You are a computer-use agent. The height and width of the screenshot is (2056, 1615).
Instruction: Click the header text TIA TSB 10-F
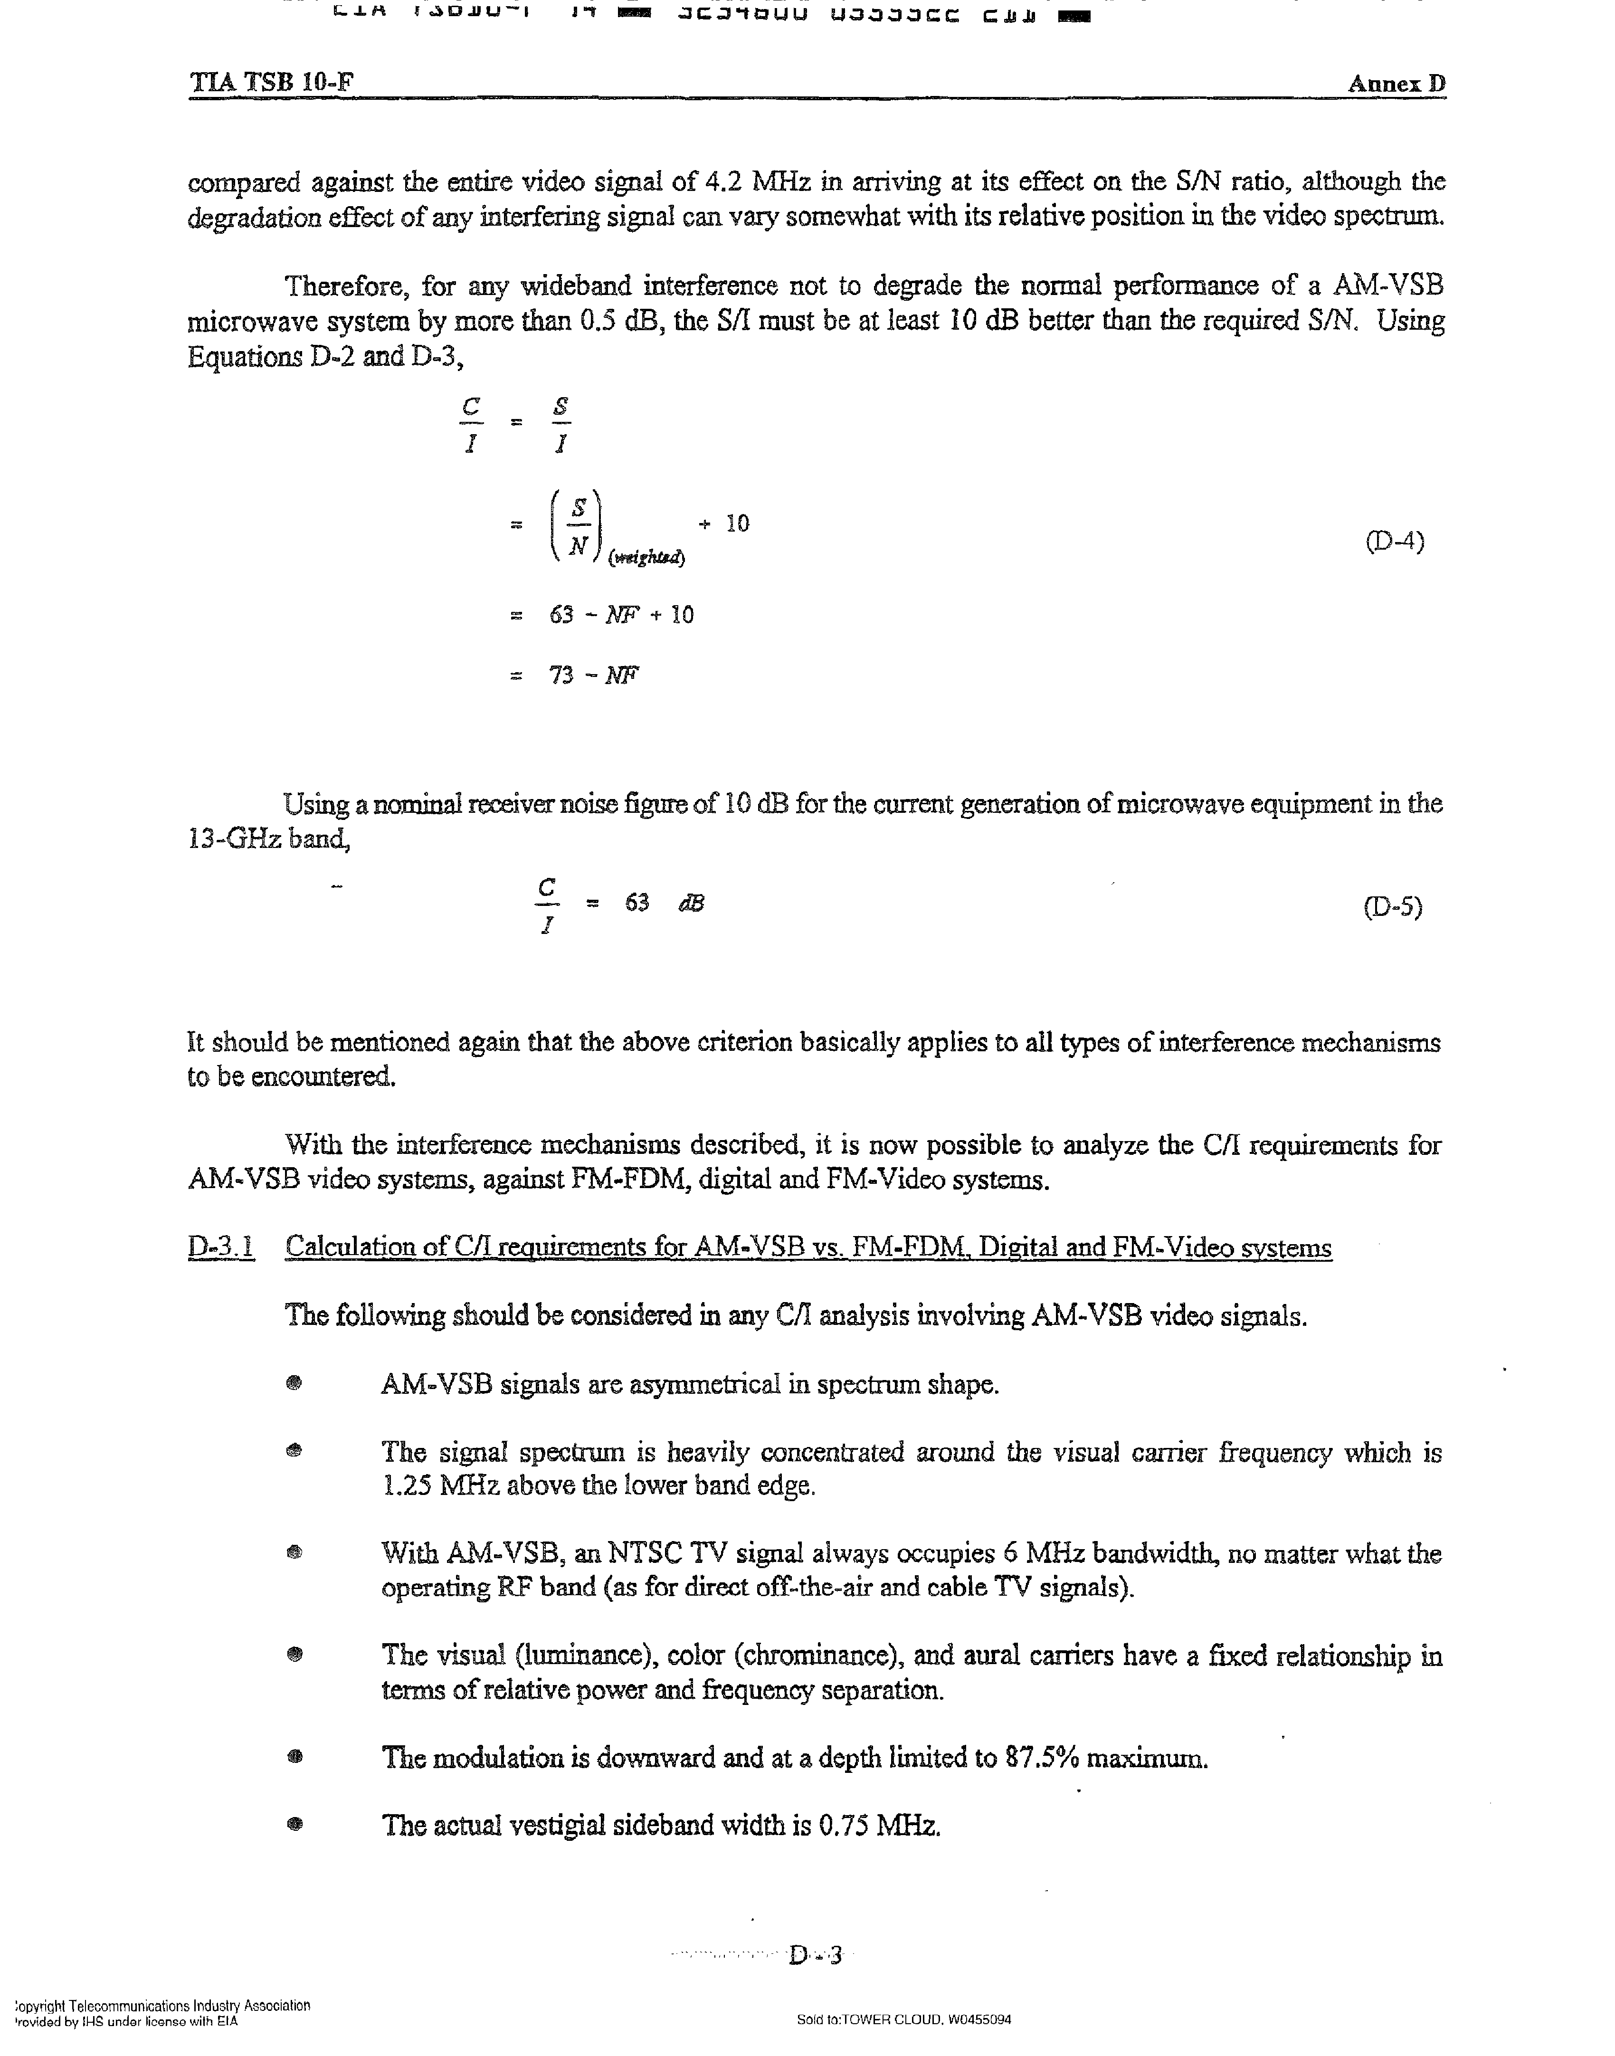coord(271,82)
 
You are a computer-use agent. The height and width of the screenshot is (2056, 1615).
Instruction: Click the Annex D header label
coord(1396,83)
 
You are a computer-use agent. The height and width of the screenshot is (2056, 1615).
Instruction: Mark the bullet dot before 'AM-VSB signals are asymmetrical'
coord(294,1384)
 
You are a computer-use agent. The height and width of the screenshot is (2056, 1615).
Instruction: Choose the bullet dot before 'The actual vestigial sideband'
coord(295,1824)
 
